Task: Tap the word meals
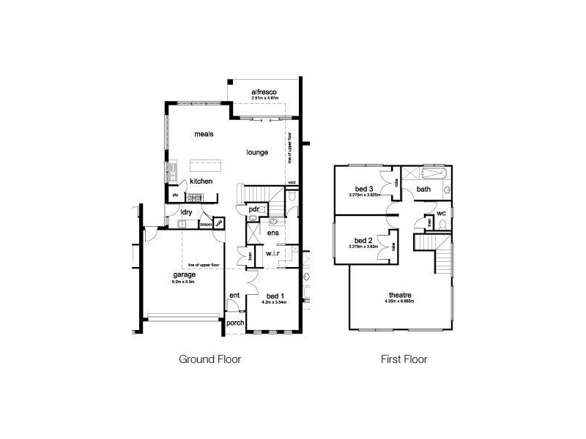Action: click(204, 135)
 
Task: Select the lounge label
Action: click(257, 152)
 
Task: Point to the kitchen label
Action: click(201, 181)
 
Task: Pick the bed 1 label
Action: click(275, 296)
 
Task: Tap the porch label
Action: click(235, 323)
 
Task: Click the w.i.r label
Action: click(274, 253)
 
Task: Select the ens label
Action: click(273, 233)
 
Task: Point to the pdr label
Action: click(254, 209)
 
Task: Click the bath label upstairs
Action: click(423, 190)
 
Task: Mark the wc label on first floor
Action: click(442, 214)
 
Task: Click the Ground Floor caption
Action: click(210, 359)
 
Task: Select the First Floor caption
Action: click(404, 359)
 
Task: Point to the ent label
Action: click(234, 296)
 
